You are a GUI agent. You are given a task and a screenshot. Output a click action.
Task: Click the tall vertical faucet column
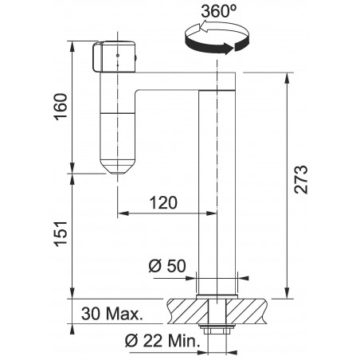point(217,183)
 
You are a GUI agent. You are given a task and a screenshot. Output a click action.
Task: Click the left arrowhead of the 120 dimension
point(121,214)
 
